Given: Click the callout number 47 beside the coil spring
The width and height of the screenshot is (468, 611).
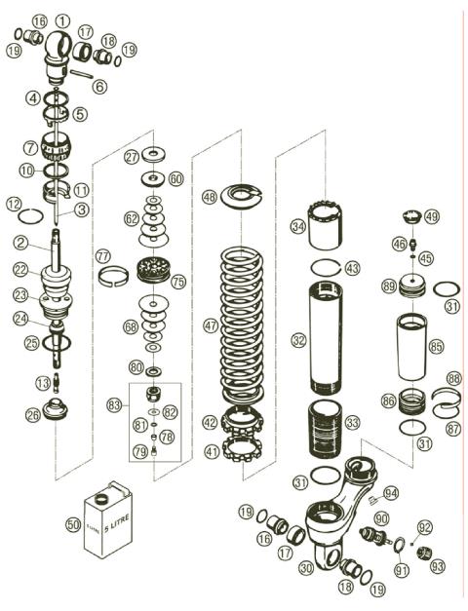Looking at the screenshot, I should point(210,325).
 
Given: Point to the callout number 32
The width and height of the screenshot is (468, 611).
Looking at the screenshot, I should point(298,340).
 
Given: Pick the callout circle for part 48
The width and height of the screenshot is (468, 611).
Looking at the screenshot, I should point(209,196).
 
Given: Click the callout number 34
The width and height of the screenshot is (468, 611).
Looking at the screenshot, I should point(298,226).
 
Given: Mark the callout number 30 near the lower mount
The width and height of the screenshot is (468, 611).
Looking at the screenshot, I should point(306,566).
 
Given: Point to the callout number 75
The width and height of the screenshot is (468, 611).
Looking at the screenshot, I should point(177,281).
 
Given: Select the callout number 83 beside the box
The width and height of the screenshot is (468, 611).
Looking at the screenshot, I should point(115,403).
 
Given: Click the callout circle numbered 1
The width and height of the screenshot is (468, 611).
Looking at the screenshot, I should point(62,19).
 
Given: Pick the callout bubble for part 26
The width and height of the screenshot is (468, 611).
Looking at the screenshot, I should point(34,416).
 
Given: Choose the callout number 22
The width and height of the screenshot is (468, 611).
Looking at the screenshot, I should point(19,270).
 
